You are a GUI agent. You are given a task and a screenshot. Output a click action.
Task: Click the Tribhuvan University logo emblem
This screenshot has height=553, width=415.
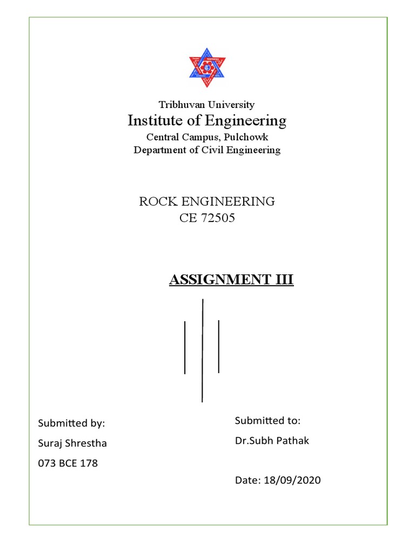pos(207,70)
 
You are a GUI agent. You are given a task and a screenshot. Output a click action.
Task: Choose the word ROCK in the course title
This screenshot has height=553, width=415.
pos(155,202)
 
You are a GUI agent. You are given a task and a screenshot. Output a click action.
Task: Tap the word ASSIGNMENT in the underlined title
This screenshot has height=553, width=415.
pos(216,280)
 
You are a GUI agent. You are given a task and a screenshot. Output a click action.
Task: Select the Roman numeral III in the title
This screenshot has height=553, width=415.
pos(285,280)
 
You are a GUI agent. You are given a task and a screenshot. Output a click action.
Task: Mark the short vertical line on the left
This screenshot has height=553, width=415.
pos(185,347)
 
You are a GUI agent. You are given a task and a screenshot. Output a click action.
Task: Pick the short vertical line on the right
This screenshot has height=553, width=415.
pos(218,346)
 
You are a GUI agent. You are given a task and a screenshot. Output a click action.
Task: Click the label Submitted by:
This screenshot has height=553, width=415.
pos(71,423)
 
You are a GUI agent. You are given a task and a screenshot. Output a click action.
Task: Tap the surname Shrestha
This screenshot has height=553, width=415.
pos(86,443)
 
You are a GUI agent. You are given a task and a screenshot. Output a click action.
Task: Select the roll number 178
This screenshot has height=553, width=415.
pos(89,463)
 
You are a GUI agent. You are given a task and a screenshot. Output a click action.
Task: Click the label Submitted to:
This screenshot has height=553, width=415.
pos(267,421)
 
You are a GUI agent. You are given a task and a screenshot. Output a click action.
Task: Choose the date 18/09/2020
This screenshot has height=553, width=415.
pos(292,480)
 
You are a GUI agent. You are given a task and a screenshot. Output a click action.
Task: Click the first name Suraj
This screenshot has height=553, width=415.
pos(50,443)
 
